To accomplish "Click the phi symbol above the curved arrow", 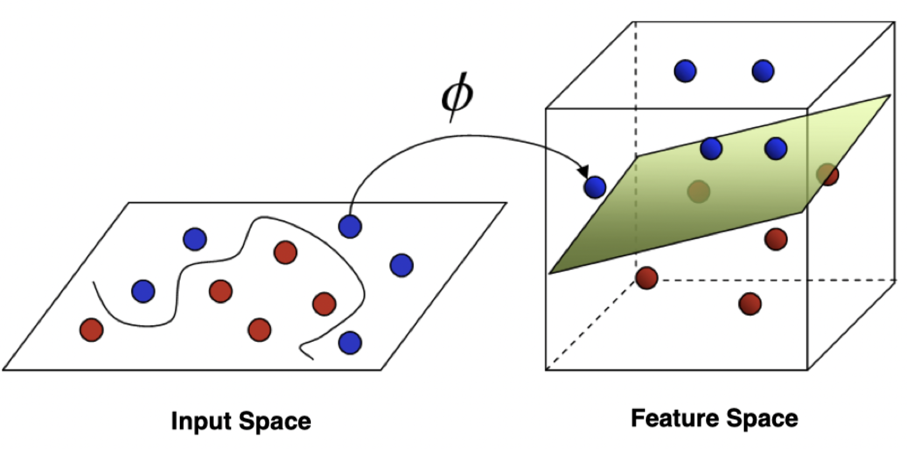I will [x=457, y=97].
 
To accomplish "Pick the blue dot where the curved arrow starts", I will [x=350, y=226].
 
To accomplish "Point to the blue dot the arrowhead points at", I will [x=595, y=187].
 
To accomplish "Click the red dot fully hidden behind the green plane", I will [x=699, y=191].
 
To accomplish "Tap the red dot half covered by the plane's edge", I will [x=828, y=174].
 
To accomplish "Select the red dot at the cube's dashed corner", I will [x=646, y=278].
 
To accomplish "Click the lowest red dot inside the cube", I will [x=750, y=304].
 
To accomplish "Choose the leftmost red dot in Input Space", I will [x=91, y=329].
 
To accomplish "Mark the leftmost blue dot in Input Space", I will [x=143, y=291].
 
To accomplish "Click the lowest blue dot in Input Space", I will [x=350, y=342].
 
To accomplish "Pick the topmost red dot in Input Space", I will [x=285, y=252].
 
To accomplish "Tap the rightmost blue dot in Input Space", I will [x=401, y=265].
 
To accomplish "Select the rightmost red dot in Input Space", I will [x=324, y=304].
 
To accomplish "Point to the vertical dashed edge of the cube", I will [x=636, y=81].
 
